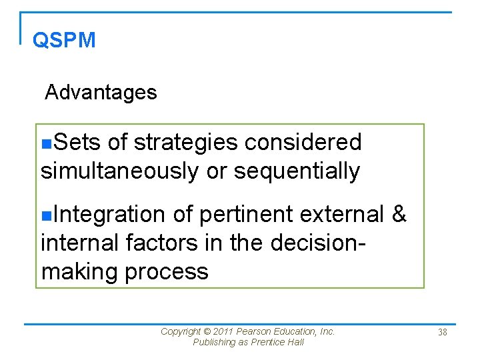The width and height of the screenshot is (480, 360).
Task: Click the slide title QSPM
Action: tap(64, 40)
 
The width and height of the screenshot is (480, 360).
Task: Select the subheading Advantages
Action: tap(101, 92)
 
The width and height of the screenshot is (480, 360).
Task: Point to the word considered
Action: tap(303, 142)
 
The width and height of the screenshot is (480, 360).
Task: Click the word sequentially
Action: tap(297, 171)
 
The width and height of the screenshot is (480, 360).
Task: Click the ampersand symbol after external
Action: tap(399, 214)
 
